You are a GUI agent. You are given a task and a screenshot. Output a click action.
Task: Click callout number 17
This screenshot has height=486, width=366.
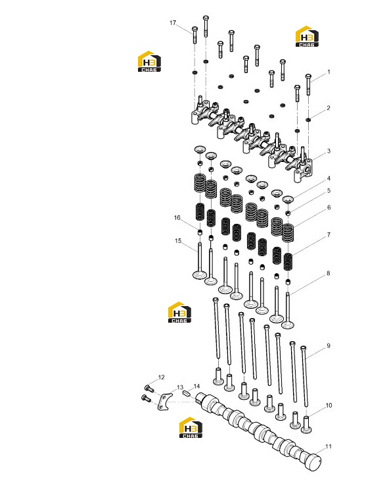173,22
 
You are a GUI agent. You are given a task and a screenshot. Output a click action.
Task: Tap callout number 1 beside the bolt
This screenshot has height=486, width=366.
329,72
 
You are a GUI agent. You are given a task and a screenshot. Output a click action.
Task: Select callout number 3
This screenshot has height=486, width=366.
329,151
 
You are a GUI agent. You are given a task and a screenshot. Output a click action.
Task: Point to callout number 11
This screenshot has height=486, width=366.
329,446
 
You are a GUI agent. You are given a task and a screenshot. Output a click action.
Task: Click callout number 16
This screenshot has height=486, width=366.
177,217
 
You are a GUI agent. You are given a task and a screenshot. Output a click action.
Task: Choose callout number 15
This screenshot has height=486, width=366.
178,240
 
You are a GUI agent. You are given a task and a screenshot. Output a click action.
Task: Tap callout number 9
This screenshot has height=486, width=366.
329,346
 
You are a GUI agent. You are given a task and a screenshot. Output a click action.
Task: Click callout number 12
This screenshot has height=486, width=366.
161,377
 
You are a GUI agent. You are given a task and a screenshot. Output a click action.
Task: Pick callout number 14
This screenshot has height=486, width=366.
196,386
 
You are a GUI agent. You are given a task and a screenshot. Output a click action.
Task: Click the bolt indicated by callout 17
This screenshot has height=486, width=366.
194,35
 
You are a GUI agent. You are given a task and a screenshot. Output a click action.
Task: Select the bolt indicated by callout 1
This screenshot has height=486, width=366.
308,84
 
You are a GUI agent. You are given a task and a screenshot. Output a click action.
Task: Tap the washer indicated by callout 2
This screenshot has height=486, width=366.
308,119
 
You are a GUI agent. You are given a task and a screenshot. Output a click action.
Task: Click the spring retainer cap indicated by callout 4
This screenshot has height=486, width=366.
288,200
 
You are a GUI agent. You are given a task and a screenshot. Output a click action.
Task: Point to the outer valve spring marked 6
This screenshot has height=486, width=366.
288,233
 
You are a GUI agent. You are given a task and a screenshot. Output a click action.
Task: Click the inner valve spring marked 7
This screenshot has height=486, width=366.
288,262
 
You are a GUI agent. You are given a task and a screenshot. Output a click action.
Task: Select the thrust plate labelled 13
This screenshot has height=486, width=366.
164,402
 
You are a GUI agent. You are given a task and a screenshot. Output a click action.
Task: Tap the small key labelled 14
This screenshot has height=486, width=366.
187,393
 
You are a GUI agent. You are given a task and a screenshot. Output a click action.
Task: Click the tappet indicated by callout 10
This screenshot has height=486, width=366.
306,425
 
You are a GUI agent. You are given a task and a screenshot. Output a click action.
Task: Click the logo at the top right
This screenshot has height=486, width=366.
307,36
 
